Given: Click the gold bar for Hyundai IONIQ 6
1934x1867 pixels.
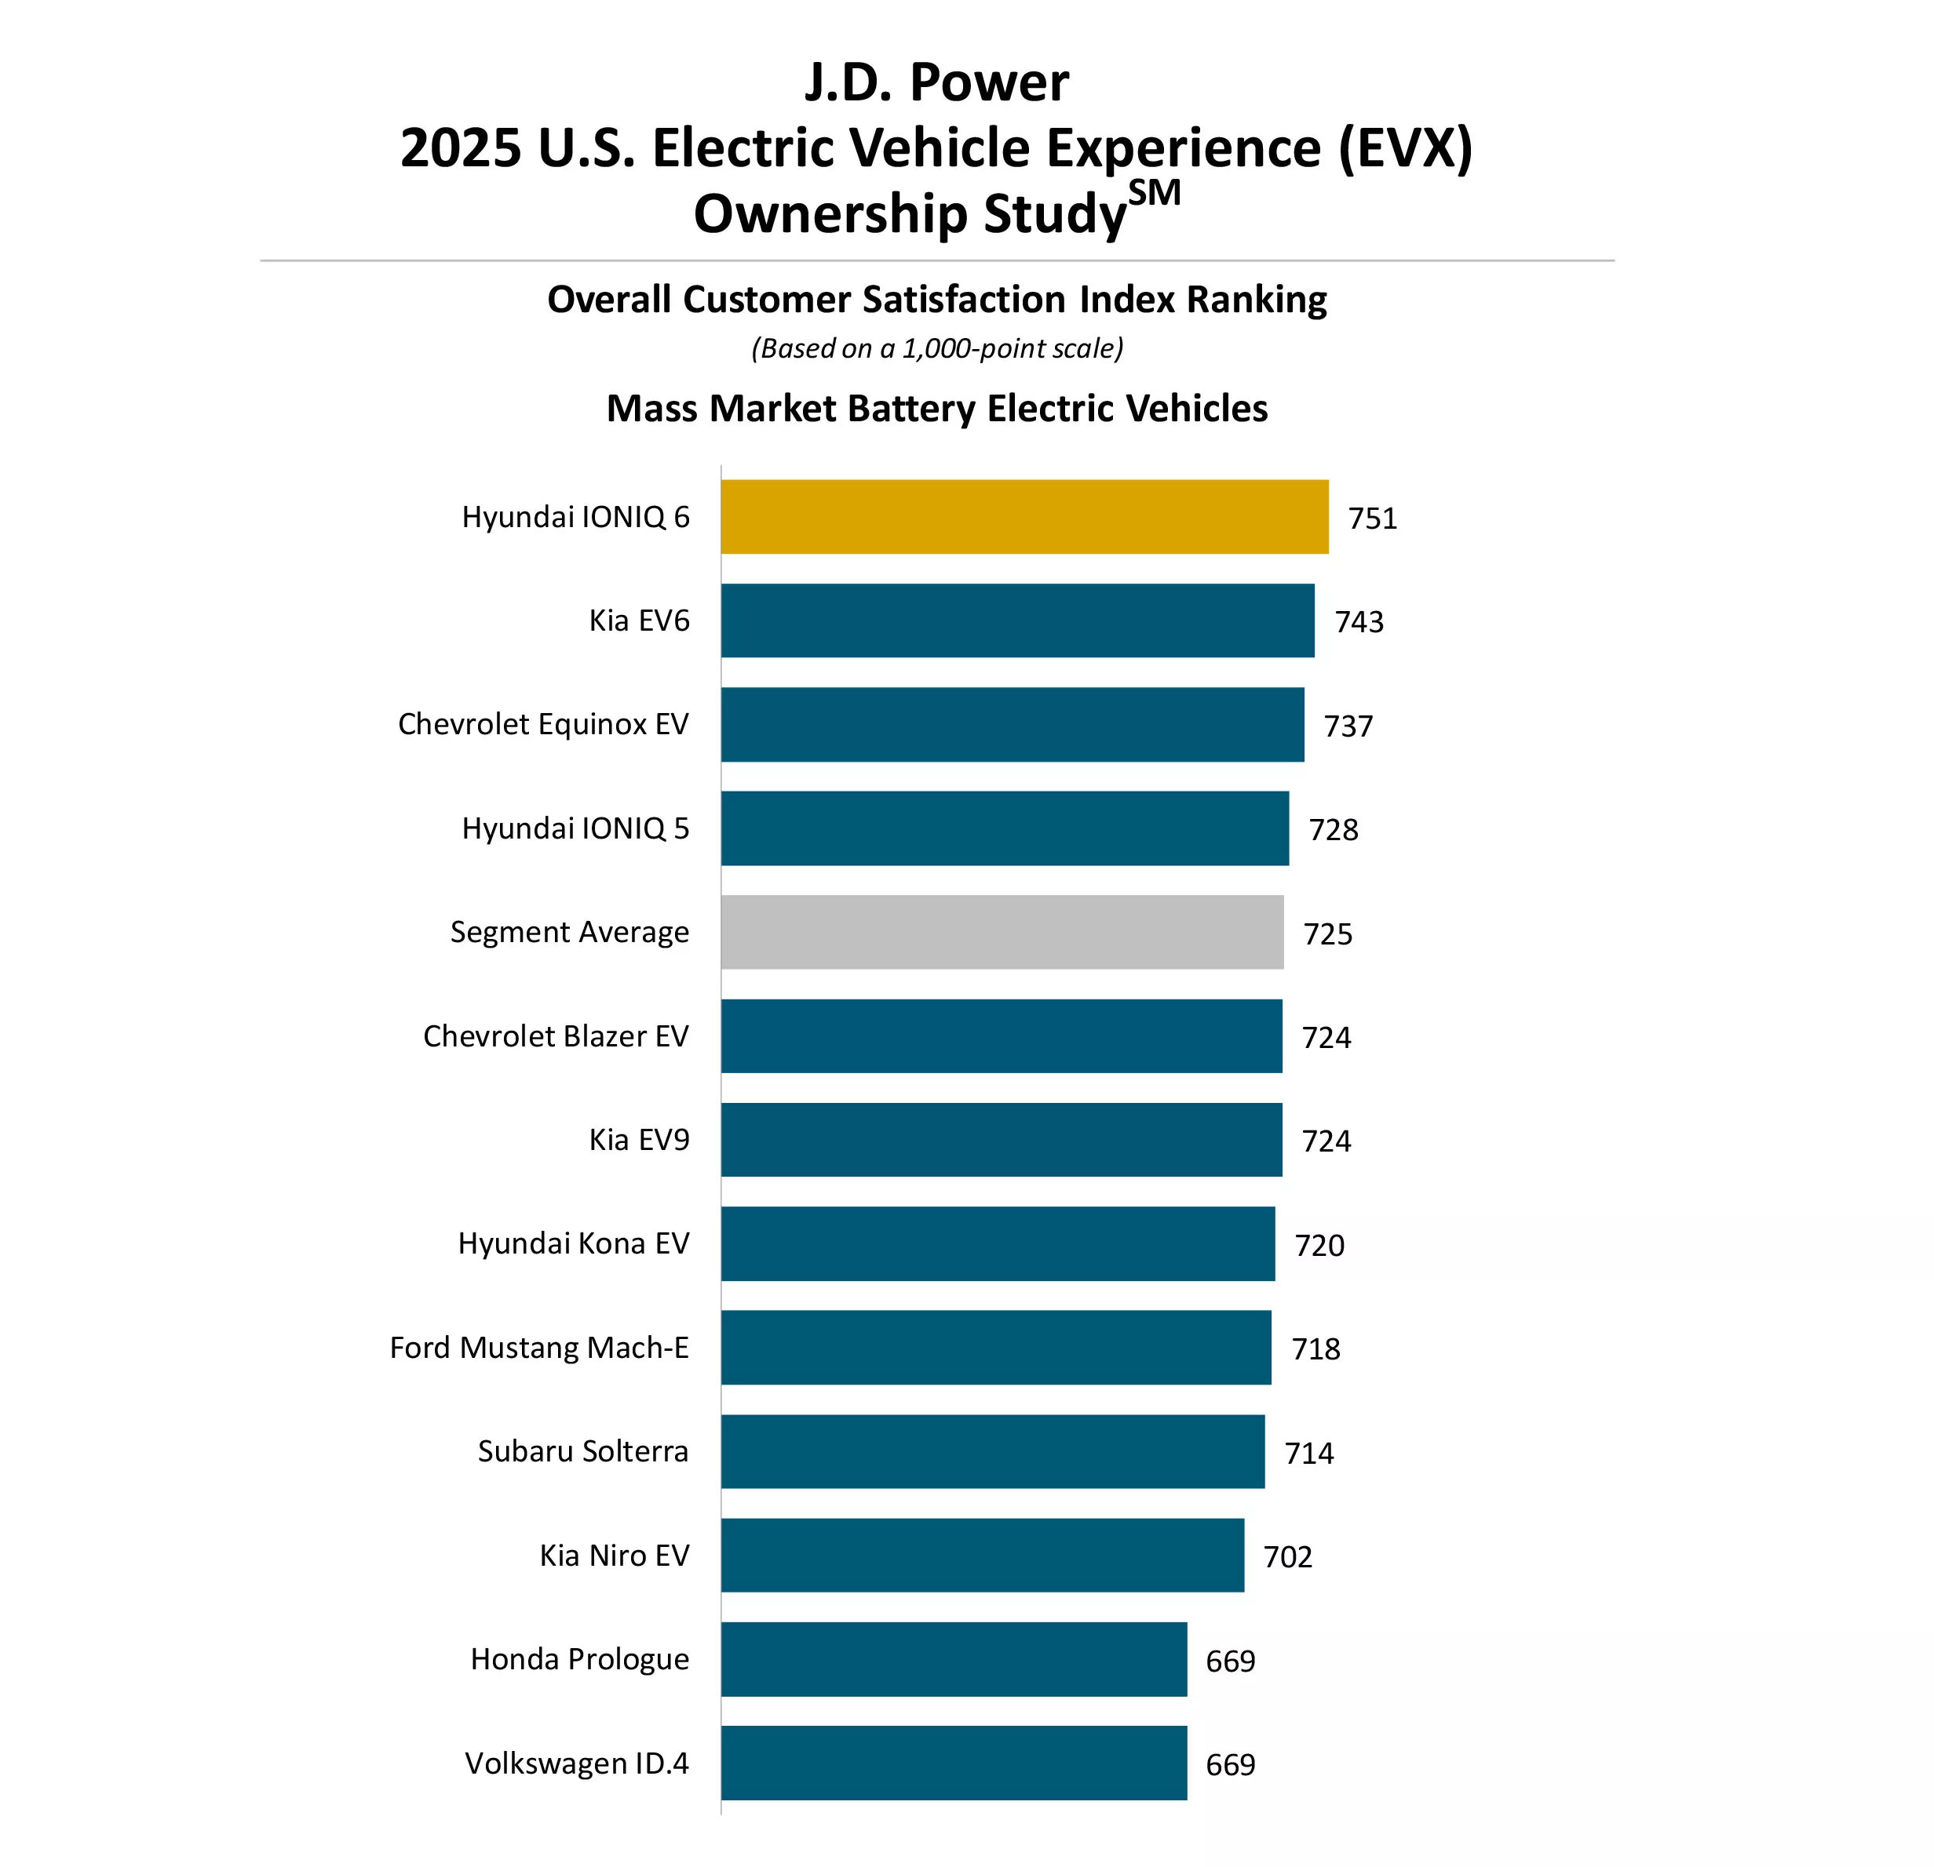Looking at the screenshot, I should (x=1024, y=517).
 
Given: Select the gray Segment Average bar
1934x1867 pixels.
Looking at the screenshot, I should (x=1002, y=932).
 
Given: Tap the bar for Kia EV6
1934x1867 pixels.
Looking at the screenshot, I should (x=1016, y=621).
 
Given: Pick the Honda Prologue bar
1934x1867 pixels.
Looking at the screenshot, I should (x=953, y=1659).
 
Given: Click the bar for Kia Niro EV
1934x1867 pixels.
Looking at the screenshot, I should (x=982, y=1556).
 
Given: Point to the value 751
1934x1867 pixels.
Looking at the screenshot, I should (x=1373, y=519).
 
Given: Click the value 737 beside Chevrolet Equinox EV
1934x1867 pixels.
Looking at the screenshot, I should (x=1348, y=726).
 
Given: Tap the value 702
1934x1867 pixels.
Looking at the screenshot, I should (x=1288, y=1557).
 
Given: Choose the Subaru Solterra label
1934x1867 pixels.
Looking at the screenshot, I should (x=582, y=1450).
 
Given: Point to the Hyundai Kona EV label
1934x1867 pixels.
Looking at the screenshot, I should (x=573, y=1243).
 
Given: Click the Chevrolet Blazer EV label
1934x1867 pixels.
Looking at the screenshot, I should (x=556, y=1035).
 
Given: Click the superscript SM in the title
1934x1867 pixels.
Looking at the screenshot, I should (x=1154, y=192).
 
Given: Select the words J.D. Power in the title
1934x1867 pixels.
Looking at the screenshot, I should (x=936, y=82).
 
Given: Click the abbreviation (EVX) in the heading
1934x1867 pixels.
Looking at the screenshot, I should (x=1404, y=148).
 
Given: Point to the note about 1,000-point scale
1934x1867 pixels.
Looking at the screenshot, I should (x=936, y=348).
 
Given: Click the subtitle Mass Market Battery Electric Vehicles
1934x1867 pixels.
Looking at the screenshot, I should (x=936, y=409).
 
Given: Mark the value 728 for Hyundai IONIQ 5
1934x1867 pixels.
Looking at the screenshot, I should (x=1333, y=829).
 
